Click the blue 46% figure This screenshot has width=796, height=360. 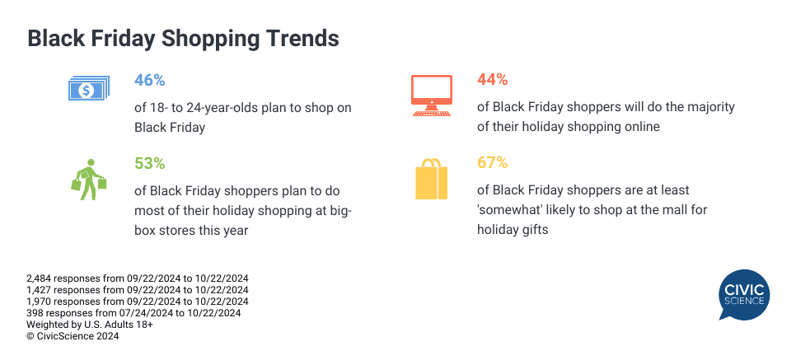tap(150, 80)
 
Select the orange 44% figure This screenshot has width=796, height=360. tap(493, 80)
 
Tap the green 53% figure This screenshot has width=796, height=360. tap(150, 163)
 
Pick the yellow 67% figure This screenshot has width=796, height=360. tap(493, 163)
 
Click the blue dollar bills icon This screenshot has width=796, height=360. tap(89, 88)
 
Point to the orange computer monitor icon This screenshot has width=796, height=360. tap(432, 96)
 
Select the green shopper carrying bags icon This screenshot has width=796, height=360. tap(89, 180)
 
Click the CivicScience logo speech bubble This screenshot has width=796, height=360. tap(744, 293)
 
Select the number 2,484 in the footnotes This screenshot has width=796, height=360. tap(39, 278)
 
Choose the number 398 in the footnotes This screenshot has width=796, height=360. tap(33, 313)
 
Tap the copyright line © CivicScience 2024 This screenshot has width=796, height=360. tap(73, 336)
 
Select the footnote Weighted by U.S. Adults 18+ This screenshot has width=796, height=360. tap(90, 325)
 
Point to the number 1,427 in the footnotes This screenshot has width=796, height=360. tap(39, 290)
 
